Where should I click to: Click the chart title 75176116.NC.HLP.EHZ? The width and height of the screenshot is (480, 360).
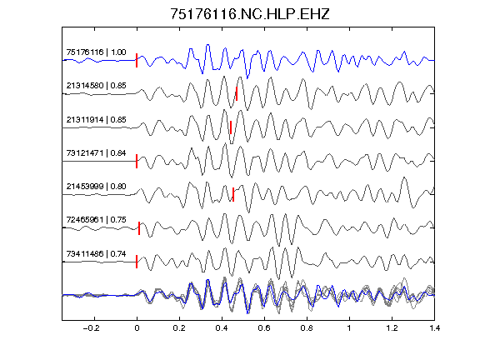pyautogui.click(x=250, y=14)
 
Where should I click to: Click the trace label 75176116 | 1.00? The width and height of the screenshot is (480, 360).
pyautogui.click(x=96, y=52)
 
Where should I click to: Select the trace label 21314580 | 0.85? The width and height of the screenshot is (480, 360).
pyautogui.click(x=96, y=85)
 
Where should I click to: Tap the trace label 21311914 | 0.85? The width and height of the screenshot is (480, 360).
pyautogui.click(x=96, y=120)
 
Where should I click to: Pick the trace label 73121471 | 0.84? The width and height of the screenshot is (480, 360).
pyautogui.click(x=96, y=152)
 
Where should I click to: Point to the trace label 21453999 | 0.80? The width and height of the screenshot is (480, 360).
pyautogui.click(x=96, y=186)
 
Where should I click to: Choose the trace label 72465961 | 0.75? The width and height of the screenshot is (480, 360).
pyautogui.click(x=96, y=220)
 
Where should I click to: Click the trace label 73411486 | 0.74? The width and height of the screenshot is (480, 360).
pyautogui.click(x=96, y=254)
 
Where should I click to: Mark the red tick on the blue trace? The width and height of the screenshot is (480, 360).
pyautogui.click(x=137, y=60)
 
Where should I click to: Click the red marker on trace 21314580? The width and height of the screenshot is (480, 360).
pyautogui.click(x=237, y=93)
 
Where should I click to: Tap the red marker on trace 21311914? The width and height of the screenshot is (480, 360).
pyautogui.click(x=231, y=127)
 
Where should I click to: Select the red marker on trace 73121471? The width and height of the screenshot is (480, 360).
pyautogui.click(x=137, y=161)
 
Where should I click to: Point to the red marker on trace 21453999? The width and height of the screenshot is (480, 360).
pyautogui.click(x=233, y=194)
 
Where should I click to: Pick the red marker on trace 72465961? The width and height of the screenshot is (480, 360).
pyautogui.click(x=139, y=228)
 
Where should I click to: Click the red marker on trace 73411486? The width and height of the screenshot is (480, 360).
pyautogui.click(x=137, y=262)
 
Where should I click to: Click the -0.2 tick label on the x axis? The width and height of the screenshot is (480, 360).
pyautogui.click(x=91, y=328)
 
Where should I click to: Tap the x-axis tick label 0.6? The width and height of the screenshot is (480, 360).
pyautogui.click(x=264, y=328)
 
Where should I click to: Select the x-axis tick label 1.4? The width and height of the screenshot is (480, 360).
pyautogui.click(x=434, y=328)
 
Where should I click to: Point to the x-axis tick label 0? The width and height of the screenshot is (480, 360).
pyautogui.click(x=137, y=328)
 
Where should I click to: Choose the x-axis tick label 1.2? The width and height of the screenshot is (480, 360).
pyautogui.click(x=392, y=328)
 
